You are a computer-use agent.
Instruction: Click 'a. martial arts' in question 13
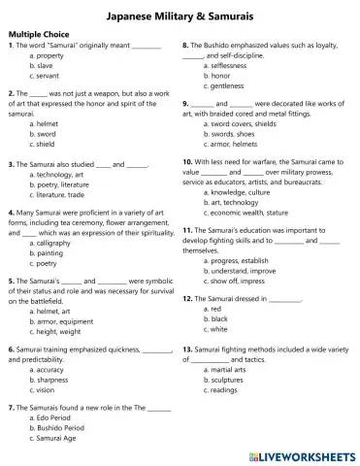[x=229, y=368]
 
